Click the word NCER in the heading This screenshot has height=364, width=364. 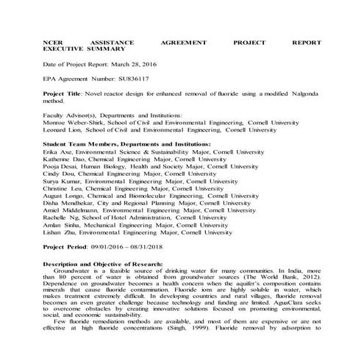tap(53, 43)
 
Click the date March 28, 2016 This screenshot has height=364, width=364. tap(138, 65)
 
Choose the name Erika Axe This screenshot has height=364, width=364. tap(57, 151)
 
